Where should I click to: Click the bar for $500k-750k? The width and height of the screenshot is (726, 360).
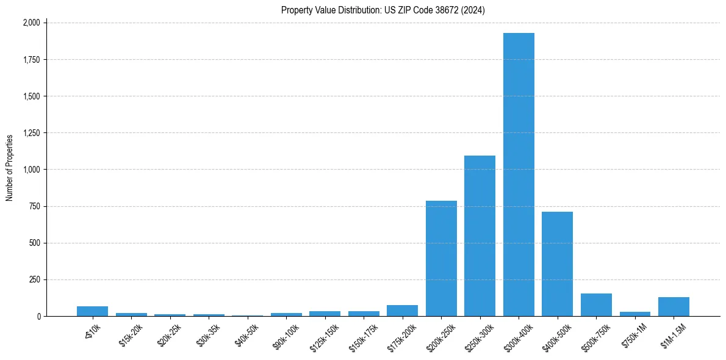pos(596,305)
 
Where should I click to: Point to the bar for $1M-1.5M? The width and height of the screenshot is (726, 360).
pos(674,307)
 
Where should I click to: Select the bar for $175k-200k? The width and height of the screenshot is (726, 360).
pos(402,311)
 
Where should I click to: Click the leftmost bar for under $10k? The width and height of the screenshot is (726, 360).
pos(92,311)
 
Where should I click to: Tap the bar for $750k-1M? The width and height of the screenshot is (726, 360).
pos(634,314)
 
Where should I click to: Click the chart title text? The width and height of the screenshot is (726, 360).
pos(383,10)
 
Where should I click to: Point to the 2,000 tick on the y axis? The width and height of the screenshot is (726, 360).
pos(31,23)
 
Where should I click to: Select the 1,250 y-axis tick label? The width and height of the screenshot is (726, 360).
pos(31,133)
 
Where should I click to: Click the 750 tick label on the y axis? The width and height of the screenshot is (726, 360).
pos(35,206)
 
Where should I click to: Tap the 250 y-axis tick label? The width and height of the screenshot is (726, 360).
pos(35,279)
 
